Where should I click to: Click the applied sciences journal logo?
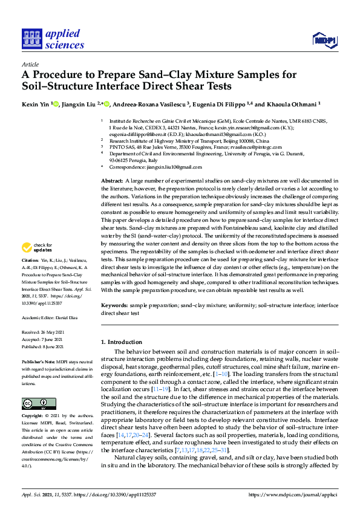point(53,39)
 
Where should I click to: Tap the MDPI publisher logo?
point(324,40)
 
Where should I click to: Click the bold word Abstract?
point(112,181)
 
